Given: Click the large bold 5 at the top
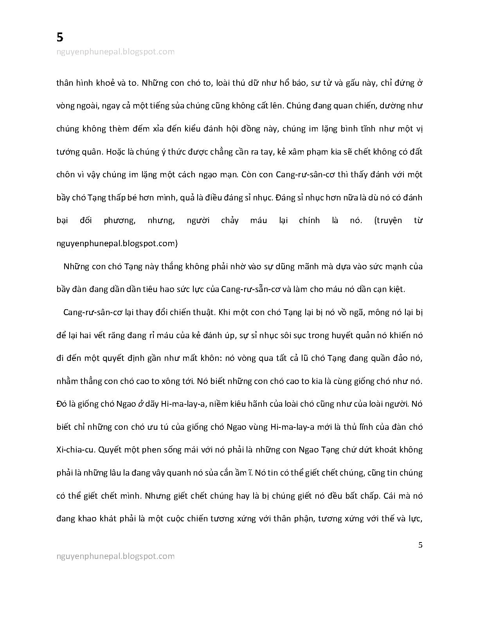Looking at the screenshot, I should point(60,37).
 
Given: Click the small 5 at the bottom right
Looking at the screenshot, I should point(420,545).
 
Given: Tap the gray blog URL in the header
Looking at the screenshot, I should point(115,52).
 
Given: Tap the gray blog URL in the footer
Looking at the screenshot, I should point(115,556).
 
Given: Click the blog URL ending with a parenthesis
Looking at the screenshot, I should point(117,243).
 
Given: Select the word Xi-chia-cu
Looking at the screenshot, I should point(75,450).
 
